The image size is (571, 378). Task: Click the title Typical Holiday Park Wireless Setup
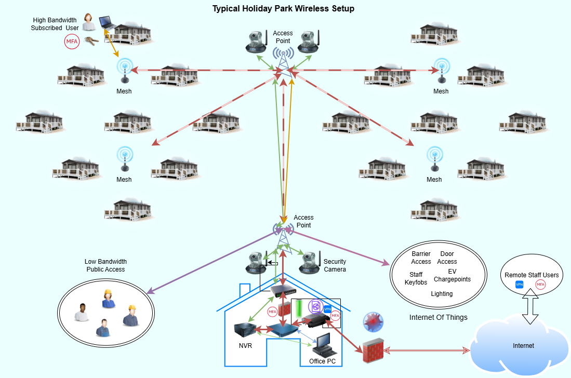pyautogui.click(x=283, y=9)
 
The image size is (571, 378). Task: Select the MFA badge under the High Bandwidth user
pyautogui.click(x=72, y=42)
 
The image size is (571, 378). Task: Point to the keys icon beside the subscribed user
pyautogui.click(x=91, y=41)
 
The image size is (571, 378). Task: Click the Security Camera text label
pyautogui.click(x=335, y=265)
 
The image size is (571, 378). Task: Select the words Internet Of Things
pyautogui.click(x=438, y=317)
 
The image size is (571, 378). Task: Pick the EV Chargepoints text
pyautogui.click(x=452, y=275)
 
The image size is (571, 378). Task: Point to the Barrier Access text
pyautogui.click(x=421, y=258)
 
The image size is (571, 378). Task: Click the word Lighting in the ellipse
pyautogui.click(x=442, y=294)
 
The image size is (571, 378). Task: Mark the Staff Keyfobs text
pyautogui.click(x=416, y=279)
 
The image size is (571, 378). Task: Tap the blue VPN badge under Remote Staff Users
pyautogui.click(x=519, y=285)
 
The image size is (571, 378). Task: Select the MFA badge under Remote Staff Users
pyautogui.click(x=540, y=285)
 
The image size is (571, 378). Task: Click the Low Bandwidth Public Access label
pyautogui.click(x=105, y=265)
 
